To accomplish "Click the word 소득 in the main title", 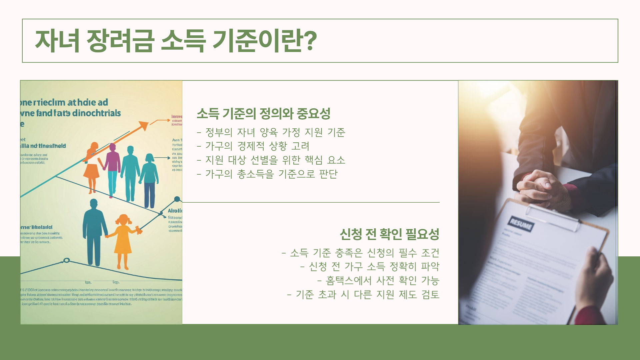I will click(x=183, y=41).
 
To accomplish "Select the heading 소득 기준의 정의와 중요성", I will click(x=263, y=114).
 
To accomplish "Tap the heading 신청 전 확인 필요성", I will click(x=389, y=234).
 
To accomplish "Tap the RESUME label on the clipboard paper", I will click(x=521, y=224).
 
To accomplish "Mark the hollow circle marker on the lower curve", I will click(x=67, y=260).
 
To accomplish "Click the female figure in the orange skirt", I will click(x=91, y=167).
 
